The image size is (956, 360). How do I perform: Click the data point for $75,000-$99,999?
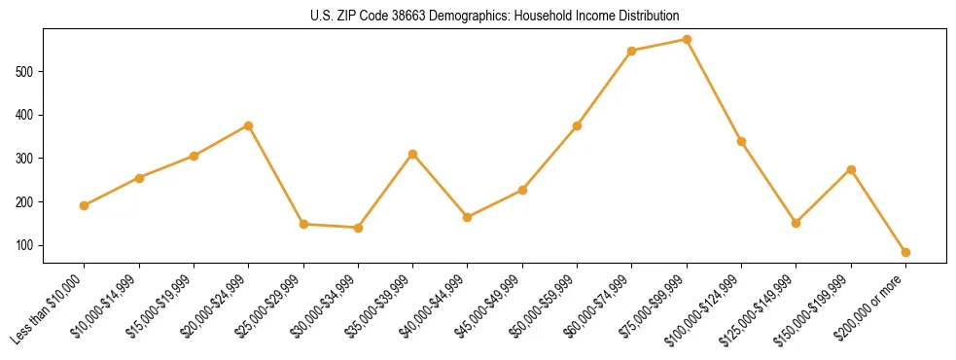click(687, 40)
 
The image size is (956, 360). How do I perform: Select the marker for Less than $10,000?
click(85, 205)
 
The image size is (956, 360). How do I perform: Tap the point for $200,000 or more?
click(905, 252)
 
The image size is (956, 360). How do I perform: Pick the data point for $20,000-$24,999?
click(249, 126)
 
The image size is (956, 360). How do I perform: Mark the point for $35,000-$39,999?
click(413, 154)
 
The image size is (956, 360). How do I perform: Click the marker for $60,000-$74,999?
click(632, 51)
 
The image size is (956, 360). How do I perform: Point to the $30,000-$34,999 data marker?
click(358, 228)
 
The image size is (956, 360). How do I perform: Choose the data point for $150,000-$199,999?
click(851, 169)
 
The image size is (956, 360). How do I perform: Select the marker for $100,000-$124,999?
click(741, 141)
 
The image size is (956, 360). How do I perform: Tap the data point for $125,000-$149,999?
click(797, 223)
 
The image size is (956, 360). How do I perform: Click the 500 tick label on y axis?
click(27, 71)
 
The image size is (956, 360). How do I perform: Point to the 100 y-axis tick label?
click(27, 245)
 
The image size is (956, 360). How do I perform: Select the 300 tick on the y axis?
click(27, 159)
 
